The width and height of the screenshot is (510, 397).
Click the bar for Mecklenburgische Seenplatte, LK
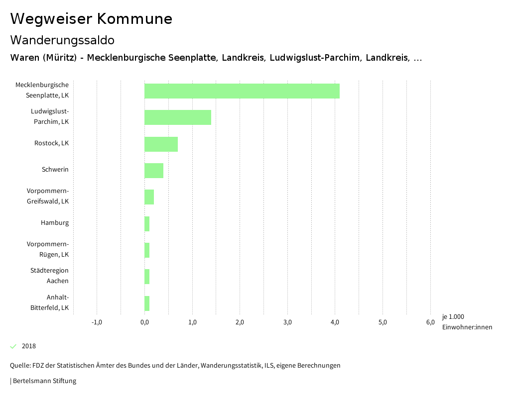coord(242,91)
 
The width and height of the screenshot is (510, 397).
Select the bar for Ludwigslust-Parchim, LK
coord(178,117)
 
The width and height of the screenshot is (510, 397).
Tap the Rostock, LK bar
coord(161,144)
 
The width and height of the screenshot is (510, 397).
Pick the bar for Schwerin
coord(154,171)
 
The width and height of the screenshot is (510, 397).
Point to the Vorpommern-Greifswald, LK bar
coord(149,197)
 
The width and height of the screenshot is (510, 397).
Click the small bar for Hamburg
coord(147,224)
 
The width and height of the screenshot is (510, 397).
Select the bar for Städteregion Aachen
coord(147,277)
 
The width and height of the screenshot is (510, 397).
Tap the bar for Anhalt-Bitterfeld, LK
coord(147,303)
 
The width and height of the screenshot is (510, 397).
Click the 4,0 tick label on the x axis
coord(335,322)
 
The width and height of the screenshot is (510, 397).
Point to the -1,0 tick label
coord(97,322)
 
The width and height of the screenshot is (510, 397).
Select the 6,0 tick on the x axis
coord(430,322)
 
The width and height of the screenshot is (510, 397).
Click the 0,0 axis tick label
coord(144,322)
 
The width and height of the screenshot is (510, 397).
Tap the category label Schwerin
coord(55,170)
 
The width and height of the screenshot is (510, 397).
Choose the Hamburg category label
coord(55,223)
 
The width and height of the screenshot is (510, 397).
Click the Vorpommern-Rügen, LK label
coord(48,249)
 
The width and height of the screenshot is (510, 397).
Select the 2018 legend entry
coord(28,346)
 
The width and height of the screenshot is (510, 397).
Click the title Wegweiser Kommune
coord(91,19)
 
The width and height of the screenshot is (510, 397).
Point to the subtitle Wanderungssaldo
coord(62,40)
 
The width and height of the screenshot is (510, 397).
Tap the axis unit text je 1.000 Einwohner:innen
coord(467,322)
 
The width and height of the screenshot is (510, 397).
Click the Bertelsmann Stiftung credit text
coord(44,381)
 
